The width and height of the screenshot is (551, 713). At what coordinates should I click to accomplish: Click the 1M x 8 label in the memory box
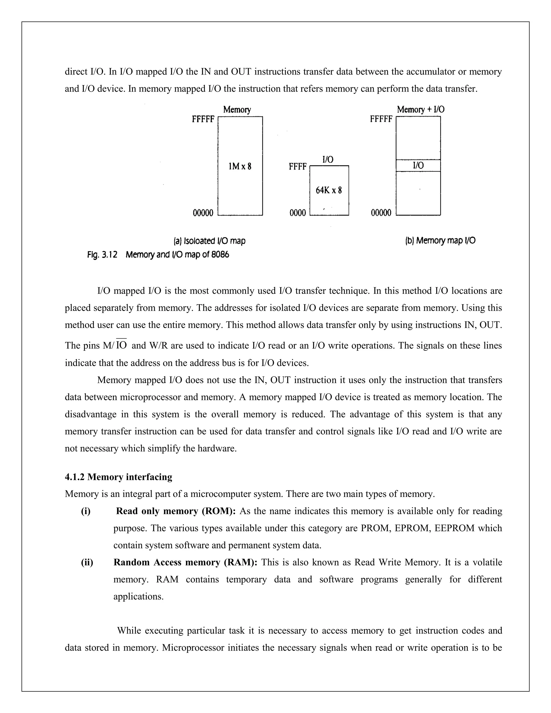(x=240, y=167)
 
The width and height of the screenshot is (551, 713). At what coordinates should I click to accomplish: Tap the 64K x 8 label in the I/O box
(x=329, y=190)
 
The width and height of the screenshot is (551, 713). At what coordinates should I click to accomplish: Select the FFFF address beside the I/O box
(x=297, y=167)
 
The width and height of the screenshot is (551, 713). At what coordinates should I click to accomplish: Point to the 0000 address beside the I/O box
(x=297, y=213)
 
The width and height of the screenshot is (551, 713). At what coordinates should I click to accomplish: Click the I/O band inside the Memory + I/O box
(x=418, y=165)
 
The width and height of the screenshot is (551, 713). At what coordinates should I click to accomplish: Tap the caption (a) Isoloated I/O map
(x=209, y=241)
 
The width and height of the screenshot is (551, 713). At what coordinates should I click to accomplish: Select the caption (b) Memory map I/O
(x=440, y=241)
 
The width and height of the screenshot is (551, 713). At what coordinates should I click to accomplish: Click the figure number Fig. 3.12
(x=102, y=255)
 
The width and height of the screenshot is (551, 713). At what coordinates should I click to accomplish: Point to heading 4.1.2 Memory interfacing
(x=118, y=477)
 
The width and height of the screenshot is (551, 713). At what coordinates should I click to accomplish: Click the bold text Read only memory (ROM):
(x=176, y=511)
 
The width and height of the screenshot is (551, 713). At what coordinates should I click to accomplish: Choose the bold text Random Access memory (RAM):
(x=185, y=562)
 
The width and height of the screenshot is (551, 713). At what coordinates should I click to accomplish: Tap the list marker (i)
(x=86, y=511)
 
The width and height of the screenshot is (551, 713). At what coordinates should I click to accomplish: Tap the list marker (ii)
(x=87, y=562)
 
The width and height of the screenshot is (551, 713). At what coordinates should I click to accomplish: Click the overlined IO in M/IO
(x=121, y=345)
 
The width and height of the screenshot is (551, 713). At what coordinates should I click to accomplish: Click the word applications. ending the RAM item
(x=138, y=596)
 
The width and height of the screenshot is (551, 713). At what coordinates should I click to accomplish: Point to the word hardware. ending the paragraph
(x=217, y=448)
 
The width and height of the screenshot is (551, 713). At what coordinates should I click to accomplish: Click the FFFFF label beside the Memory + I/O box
(x=381, y=119)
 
